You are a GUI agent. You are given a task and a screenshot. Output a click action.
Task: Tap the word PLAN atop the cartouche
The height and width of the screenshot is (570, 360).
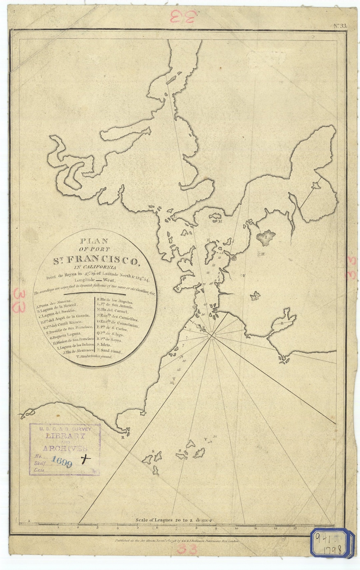94,241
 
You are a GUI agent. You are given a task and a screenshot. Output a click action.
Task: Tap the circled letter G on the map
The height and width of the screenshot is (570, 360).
234,258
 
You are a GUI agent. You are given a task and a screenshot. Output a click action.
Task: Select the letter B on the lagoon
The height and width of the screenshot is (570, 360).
281,323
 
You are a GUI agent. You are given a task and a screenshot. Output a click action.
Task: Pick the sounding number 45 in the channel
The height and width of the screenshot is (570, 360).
205,304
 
